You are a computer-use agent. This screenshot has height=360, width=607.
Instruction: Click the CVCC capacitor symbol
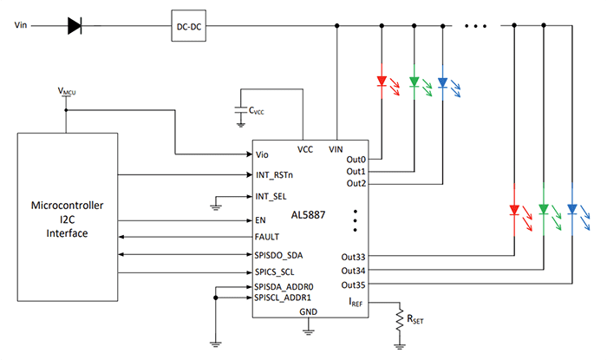240,110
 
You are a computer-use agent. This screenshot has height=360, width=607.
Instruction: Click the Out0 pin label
356,160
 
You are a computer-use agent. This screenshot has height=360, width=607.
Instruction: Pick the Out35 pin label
353,285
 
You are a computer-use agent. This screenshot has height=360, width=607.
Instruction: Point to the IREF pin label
355,301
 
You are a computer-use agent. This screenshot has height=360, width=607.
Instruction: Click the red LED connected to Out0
382,83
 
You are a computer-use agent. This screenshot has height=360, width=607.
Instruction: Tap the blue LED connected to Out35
571,209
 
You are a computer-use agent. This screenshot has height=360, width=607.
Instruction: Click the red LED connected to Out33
514,209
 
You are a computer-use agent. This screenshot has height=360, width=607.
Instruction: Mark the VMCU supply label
67,90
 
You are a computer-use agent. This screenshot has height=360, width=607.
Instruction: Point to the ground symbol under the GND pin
307,330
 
